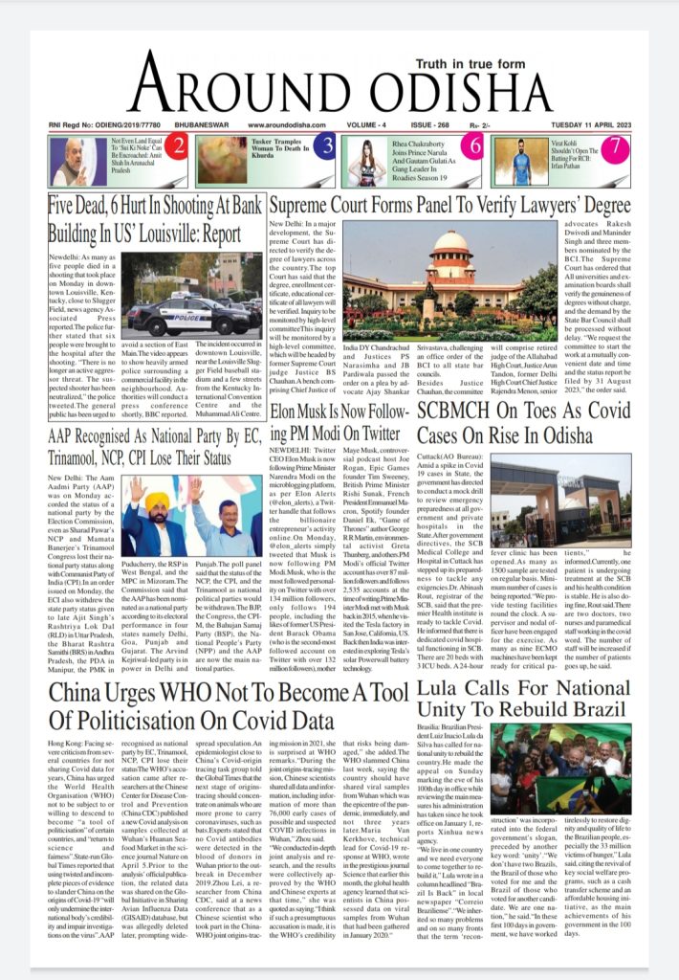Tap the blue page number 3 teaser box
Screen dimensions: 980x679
pyautogui.click(x=327, y=146)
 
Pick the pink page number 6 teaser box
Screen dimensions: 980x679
pyautogui.click(x=471, y=146)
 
